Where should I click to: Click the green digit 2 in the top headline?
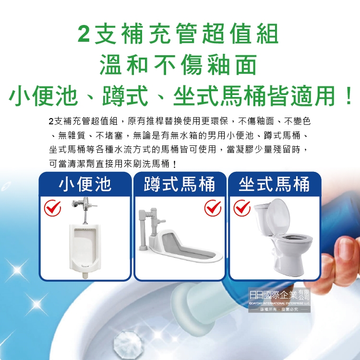[84, 34]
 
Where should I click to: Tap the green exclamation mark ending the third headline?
[348, 96]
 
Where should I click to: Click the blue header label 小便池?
[85, 184]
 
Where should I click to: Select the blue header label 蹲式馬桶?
[180, 184]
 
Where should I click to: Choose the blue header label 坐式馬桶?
[274, 184]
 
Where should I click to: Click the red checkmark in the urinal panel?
[53, 208]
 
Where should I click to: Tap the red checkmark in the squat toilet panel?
[213, 208]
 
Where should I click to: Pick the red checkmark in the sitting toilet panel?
[242, 208]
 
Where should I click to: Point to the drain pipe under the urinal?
[85, 275]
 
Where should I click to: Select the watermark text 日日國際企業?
[273, 295]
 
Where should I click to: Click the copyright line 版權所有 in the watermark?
[268, 309]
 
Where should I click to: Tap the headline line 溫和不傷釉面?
[178, 65]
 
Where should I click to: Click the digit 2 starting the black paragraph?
[51, 121]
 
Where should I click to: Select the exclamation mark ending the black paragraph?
[175, 164]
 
